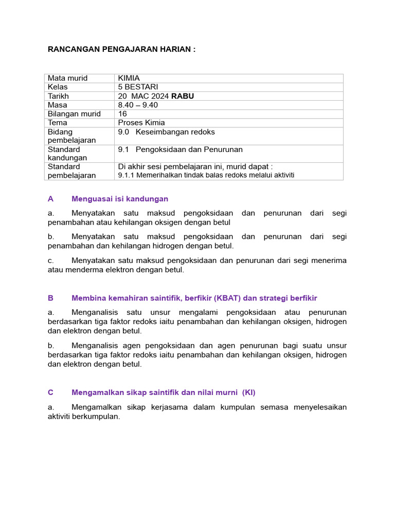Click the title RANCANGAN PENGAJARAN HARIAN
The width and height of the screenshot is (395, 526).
(121, 49)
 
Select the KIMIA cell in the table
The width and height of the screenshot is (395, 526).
(129, 78)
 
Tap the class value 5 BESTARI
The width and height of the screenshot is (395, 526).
(138, 87)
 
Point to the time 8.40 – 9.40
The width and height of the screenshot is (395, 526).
(138, 105)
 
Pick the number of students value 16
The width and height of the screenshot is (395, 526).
(122, 114)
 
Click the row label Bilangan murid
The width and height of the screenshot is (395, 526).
(74, 114)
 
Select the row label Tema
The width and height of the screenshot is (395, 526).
(58, 123)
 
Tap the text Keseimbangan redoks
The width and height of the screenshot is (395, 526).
(175, 132)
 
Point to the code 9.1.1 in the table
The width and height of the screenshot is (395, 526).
(125, 175)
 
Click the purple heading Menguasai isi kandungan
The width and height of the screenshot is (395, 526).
(120, 199)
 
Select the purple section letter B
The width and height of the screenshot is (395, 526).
(50, 298)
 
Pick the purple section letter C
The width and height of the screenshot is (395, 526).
(50, 392)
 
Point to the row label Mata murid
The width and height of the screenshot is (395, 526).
(68, 78)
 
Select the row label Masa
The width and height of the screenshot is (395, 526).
(58, 105)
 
